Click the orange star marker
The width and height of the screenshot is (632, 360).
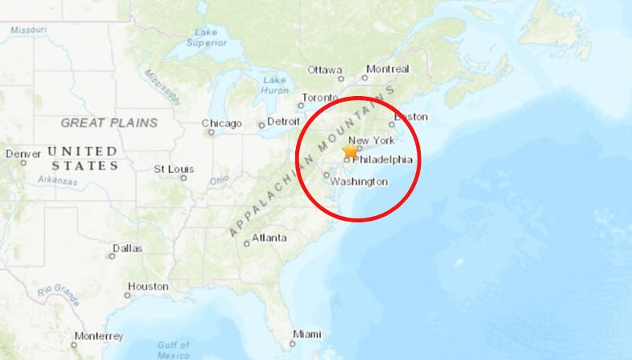click(x=350, y=150)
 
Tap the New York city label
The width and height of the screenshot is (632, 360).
click(x=371, y=141)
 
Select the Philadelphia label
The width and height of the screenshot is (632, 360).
click(x=382, y=159)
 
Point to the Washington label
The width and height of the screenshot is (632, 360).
click(x=359, y=182)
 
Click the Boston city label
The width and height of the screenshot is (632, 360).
click(x=411, y=116)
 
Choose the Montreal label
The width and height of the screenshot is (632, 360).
click(x=387, y=69)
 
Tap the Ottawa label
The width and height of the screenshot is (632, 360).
click(x=325, y=69)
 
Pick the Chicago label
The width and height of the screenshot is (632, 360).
click(x=222, y=123)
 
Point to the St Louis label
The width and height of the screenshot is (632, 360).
click(x=174, y=169)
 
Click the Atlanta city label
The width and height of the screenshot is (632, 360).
click(x=270, y=238)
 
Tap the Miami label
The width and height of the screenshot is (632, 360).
click(x=307, y=334)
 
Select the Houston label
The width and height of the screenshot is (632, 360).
click(x=148, y=286)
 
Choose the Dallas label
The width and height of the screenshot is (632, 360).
click(x=127, y=248)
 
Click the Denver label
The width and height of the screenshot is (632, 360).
click(x=22, y=154)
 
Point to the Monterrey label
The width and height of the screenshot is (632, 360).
click(x=98, y=336)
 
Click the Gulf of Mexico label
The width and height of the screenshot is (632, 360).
click(x=173, y=350)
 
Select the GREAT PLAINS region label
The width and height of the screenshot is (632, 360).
click(x=109, y=122)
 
